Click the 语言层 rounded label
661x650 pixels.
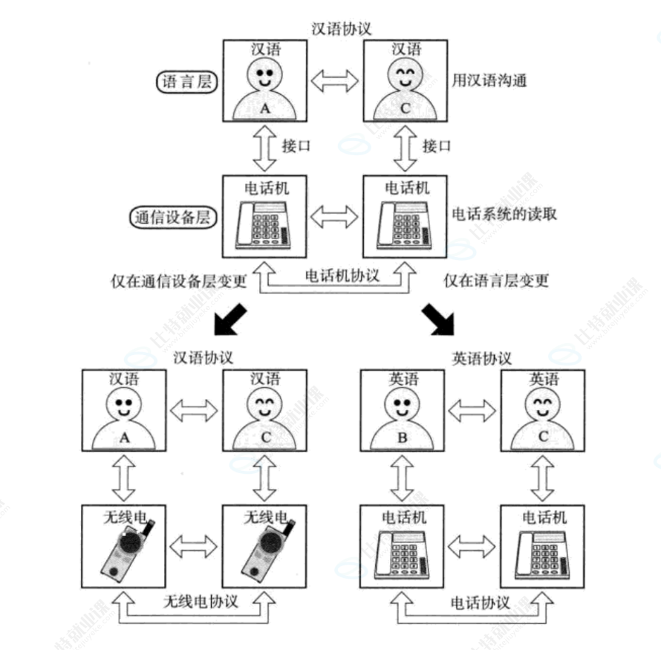186,82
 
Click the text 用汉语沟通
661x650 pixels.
489,80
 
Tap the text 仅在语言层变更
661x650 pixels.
496,280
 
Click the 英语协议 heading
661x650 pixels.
481,358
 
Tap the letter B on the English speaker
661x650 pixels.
402,438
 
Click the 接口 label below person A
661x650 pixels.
296,146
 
